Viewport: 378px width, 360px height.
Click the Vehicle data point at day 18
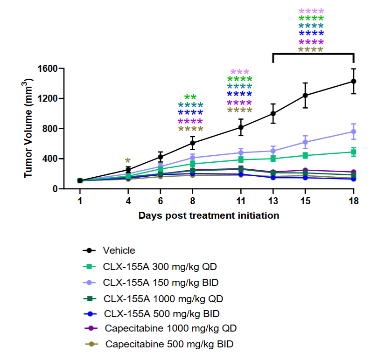(353, 82)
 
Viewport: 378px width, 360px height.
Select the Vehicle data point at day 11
(241, 127)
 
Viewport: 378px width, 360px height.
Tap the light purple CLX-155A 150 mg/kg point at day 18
(353, 132)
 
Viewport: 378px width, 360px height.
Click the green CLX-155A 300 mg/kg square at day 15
(305, 155)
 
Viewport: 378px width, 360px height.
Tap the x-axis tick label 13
(273, 201)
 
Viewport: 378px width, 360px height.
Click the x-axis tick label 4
(128, 201)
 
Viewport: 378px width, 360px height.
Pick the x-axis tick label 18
(353, 201)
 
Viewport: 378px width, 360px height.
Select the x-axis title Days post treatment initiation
(209, 215)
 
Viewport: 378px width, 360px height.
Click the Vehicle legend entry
(119, 250)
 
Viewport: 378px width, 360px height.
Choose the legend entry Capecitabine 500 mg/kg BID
(168, 345)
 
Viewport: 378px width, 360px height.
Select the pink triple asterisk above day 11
(240, 72)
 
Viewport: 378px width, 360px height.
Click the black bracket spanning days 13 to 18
(313, 54)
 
